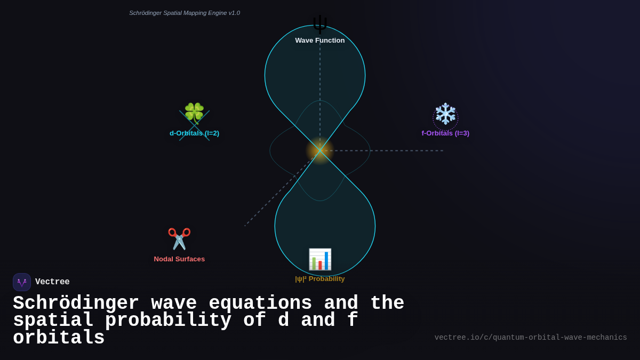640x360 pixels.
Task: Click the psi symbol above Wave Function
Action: point(320,24)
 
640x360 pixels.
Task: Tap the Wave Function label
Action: point(320,41)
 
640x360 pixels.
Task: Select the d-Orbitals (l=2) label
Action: point(194,133)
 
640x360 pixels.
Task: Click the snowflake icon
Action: point(445,114)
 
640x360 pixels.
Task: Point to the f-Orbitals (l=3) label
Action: point(445,133)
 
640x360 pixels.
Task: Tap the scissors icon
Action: point(179,239)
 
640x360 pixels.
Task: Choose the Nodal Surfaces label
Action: point(179,259)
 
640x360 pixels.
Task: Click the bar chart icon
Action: point(320,259)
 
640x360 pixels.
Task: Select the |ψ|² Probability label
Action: point(320,279)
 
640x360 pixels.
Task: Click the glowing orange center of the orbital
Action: point(320,150)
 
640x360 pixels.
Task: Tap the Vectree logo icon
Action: point(22,282)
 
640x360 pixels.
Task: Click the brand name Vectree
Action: point(52,282)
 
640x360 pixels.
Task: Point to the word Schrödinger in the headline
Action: point(76,303)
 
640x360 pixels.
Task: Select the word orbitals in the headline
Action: point(59,338)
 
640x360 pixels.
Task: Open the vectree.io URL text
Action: point(531,338)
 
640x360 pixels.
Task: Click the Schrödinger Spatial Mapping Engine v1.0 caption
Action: point(185,13)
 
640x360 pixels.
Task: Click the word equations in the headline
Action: point(260,303)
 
